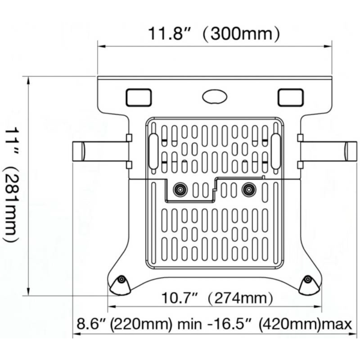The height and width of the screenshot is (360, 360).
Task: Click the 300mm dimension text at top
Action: coord(241,34)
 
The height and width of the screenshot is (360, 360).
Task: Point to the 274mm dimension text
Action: coord(240,298)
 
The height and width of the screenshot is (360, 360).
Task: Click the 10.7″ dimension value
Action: coord(179,298)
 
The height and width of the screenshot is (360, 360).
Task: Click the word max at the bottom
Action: coord(337,325)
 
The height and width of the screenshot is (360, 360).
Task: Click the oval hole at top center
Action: coord(214,97)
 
